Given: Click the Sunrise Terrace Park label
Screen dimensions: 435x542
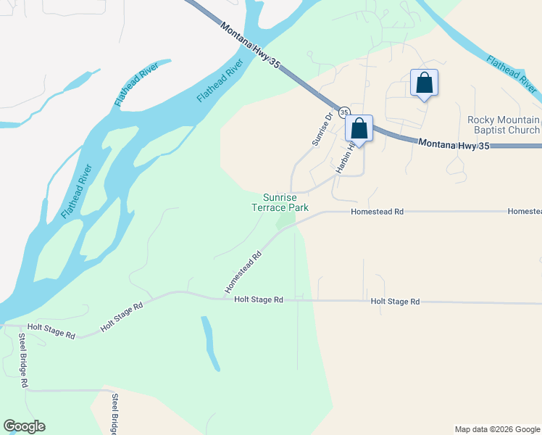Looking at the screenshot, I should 285,202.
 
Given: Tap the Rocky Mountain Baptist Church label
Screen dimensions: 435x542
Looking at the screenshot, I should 504,125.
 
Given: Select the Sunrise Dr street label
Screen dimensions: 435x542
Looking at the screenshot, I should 322,128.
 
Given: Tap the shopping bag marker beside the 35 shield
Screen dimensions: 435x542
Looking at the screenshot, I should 359,129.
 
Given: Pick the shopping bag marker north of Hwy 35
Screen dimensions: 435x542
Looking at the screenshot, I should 424,83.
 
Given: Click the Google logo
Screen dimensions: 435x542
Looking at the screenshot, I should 24,426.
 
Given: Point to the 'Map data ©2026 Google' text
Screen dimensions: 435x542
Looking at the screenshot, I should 497,429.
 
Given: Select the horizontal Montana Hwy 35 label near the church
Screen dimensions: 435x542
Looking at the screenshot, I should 454,145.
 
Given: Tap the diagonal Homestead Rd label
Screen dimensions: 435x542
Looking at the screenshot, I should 243,273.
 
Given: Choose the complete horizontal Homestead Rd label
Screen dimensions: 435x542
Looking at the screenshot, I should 376,212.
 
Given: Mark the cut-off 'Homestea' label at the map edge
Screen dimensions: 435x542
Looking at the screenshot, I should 525,211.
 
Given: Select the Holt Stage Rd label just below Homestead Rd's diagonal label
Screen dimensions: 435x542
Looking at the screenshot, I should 259,299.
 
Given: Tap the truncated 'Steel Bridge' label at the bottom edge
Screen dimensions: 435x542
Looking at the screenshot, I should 114,414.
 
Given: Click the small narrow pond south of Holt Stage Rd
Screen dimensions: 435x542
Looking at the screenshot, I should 210,343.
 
